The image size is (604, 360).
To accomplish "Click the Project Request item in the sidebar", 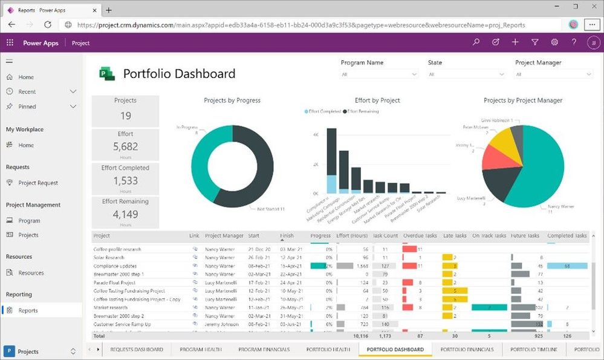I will pyautogui.click(x=38, y=183).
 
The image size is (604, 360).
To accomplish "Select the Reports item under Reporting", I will pyautogui.click(x=28, y=310).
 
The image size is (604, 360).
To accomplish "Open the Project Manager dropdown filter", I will pyautogui.click(x=553, y=74).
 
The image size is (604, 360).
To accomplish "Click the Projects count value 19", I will pyautogui.click(x=125, y=116).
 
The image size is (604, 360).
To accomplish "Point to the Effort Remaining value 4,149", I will pyautogui.click(x=125, y=214).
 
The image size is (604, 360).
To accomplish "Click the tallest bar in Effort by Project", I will pyautogui.click(x=331, y=151).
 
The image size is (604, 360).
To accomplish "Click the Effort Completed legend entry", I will pyautogui.click(x=325, y=111).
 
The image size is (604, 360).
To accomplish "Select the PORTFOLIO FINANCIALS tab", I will pyautogui.click(x=467, y=349).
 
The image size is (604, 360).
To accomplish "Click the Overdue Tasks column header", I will pyautogui.click(x=419, y=236).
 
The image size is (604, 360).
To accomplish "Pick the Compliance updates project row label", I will pyautogui.click(x=115, y=266).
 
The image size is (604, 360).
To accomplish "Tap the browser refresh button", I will pyautogui.click(x=48, y=25).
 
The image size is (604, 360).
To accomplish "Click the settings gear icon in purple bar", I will pyautogui.click(x=554, y=42).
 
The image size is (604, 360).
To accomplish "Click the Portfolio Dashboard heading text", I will pyautogui.click(x=179, y=74).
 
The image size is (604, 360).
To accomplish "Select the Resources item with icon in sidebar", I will pyautogui.click(x=31, y=273).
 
